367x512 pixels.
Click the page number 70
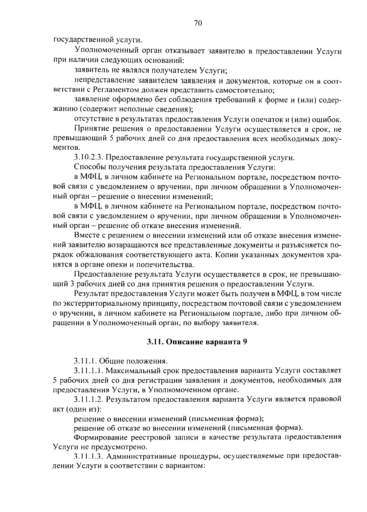tap(198, 23)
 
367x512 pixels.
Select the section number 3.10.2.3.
tap(88, 158)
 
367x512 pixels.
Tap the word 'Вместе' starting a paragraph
tap(86, 235)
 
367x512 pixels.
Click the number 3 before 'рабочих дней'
tap(72, 284)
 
